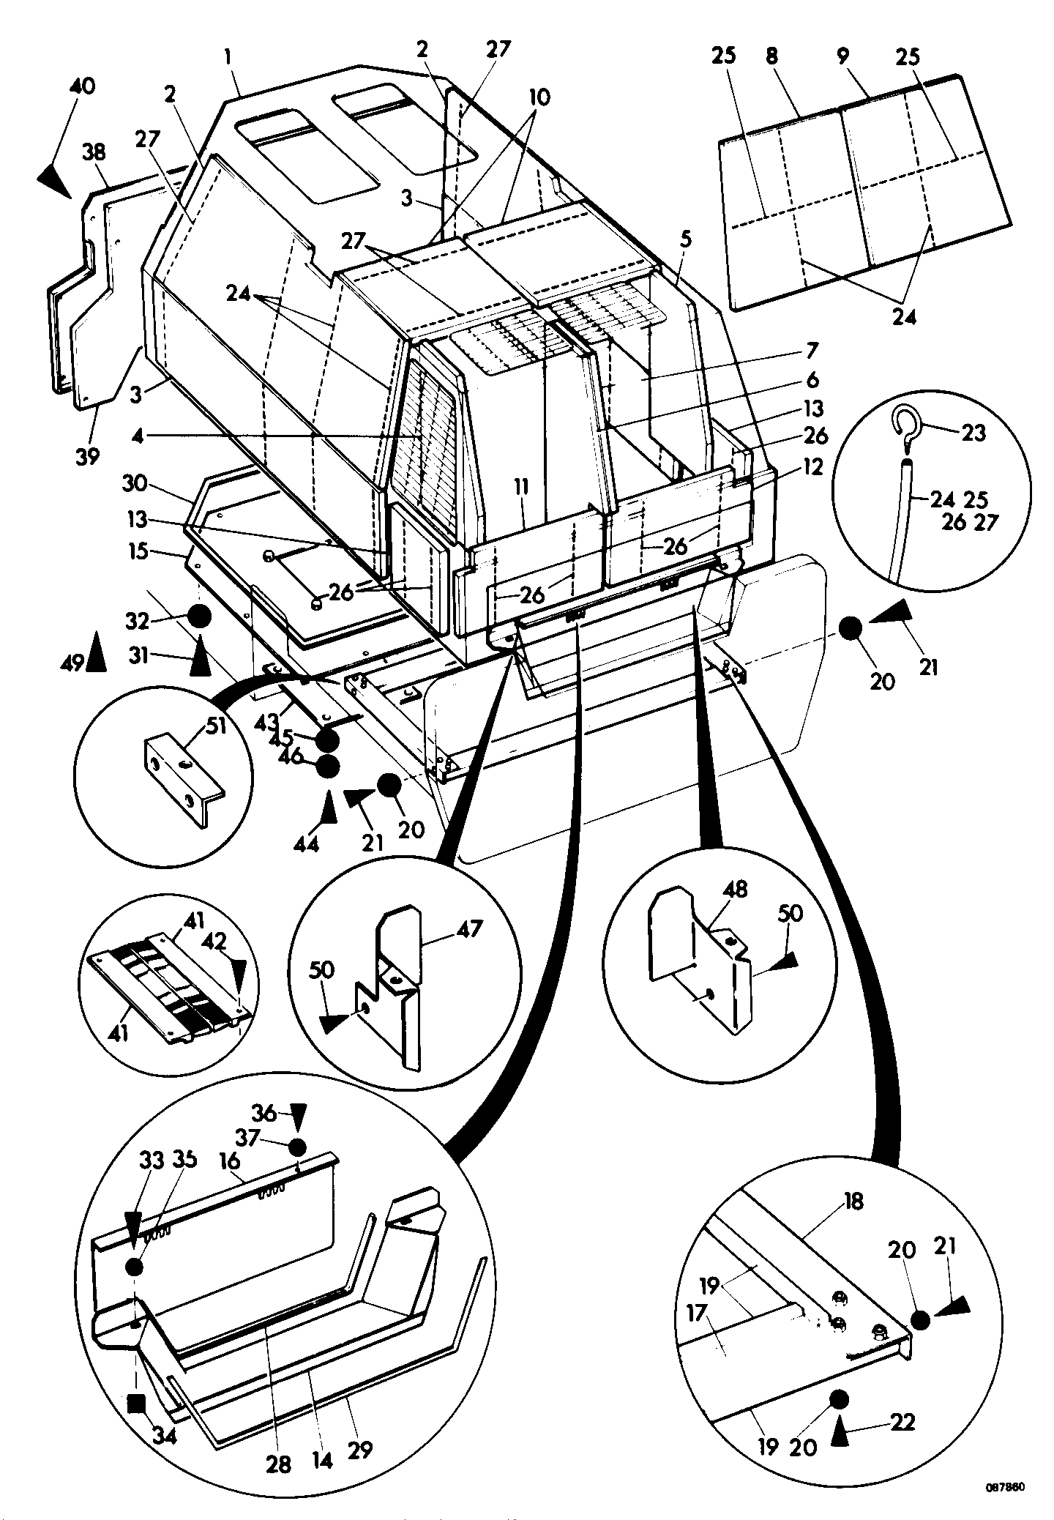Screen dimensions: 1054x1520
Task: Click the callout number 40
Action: pos(82,86)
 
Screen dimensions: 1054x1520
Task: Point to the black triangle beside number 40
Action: pos(53,179)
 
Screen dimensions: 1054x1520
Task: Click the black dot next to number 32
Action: pos(198,617)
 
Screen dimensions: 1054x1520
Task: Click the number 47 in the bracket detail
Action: pos(469,929)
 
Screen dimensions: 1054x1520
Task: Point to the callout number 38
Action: pos(94,152)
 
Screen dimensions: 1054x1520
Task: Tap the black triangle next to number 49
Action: pos(96,651)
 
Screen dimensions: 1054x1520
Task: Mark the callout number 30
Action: pos(135,483)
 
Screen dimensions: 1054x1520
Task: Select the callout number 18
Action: pos(853,1201)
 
